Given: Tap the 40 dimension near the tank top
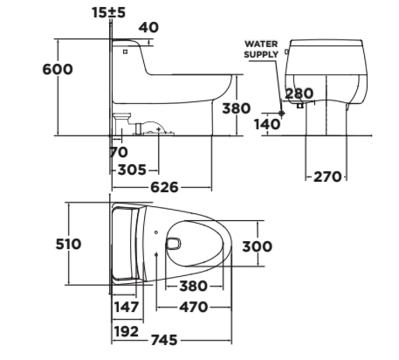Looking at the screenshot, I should [x=148, y=28].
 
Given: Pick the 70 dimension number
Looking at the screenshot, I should [x=119, y=152].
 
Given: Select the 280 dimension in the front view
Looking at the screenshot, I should [x=299, y=94].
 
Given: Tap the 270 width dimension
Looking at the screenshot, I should [x=327, y=177].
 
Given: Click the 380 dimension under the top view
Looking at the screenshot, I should [x=192, y=287].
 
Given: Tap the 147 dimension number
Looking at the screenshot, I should [x=127, y=307].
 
